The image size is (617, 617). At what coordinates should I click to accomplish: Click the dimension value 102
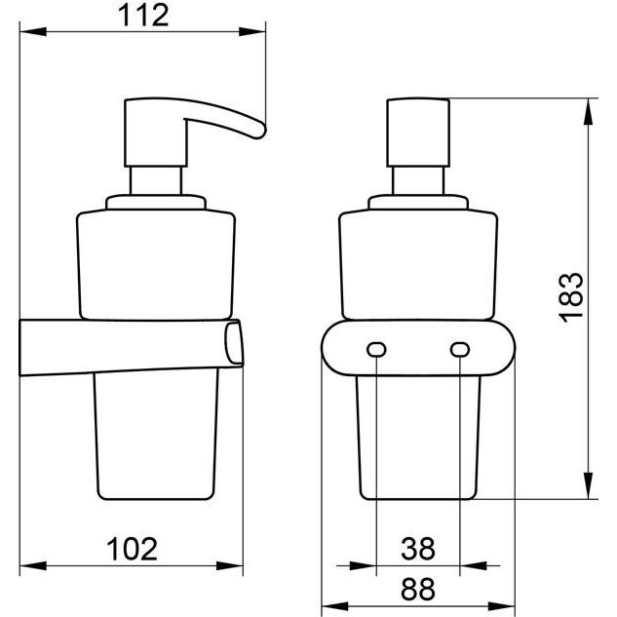coord(132,549)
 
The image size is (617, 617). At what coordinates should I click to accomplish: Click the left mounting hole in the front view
coord(374,348)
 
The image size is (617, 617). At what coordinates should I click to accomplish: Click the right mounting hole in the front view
coord(458,348)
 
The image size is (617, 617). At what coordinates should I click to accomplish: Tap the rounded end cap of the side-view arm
coord(234,346)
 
